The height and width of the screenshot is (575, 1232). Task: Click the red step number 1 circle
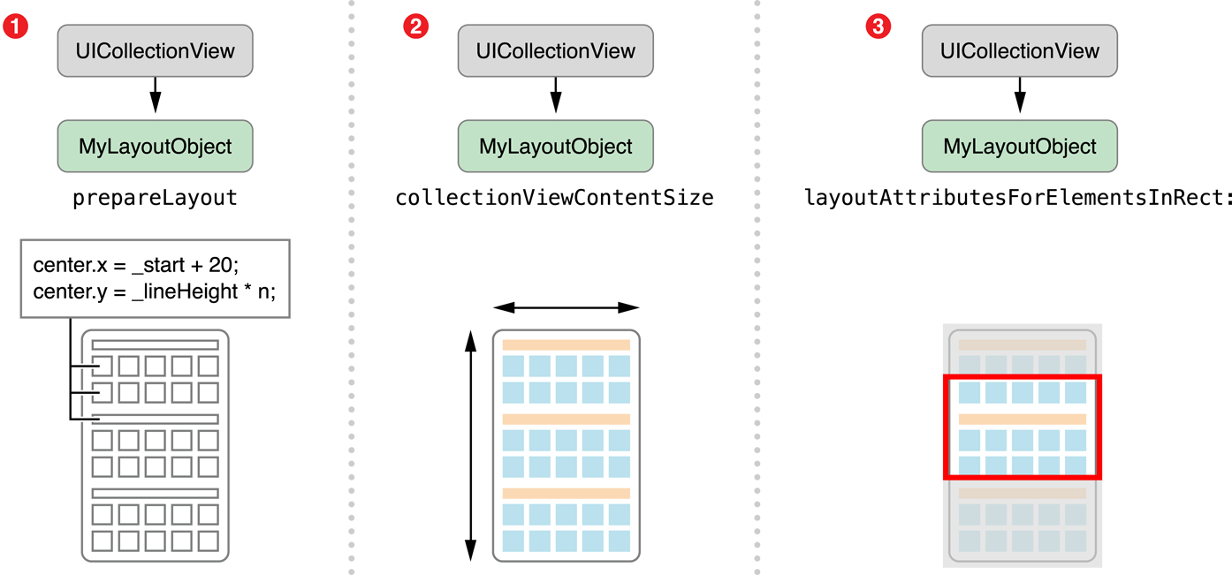click(15, 26)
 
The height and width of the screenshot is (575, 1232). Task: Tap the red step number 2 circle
click(415, 26)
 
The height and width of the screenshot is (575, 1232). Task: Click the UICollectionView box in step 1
click(156, 51)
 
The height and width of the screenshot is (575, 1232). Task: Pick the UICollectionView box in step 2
click(555, 51)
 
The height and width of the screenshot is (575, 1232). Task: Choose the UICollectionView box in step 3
click(1020, 51)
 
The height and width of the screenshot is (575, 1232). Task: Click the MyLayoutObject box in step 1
click(156, 147)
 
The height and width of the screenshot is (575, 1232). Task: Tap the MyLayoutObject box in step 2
click(555, 147)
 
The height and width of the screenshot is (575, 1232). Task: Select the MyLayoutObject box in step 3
click(1020, 147)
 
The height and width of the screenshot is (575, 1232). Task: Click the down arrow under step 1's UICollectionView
click(156, 98)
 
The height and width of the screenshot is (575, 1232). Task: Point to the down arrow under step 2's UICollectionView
click(555, 98)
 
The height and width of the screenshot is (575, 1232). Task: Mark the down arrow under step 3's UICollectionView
click(1020, 98)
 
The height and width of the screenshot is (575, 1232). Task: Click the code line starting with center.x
click(137, 265)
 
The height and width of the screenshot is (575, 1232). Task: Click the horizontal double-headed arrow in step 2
click(566, 307)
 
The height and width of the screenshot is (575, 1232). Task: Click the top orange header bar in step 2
click(566, 344)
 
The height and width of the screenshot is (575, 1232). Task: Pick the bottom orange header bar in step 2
click(566, 493)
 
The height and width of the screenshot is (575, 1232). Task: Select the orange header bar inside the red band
click(1023, 419)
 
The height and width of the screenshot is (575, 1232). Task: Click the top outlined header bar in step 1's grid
click(156, 345)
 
